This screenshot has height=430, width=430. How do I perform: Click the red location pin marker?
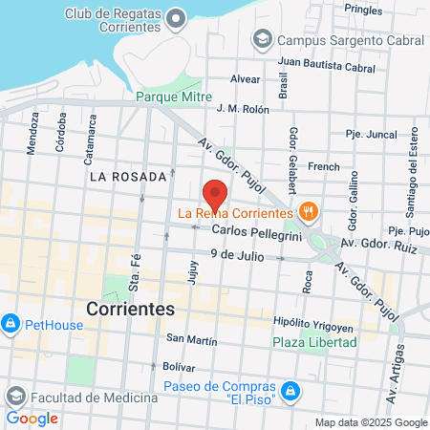216,195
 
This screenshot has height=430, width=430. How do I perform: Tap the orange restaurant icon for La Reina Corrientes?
308,211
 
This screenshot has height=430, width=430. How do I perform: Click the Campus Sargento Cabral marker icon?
260,39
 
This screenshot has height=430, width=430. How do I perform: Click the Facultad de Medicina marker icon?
15,397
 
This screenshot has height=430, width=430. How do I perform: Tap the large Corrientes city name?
130,310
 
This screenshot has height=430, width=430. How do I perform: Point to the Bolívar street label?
179,367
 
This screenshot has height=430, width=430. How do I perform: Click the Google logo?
32,419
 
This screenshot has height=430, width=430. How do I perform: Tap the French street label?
323,166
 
